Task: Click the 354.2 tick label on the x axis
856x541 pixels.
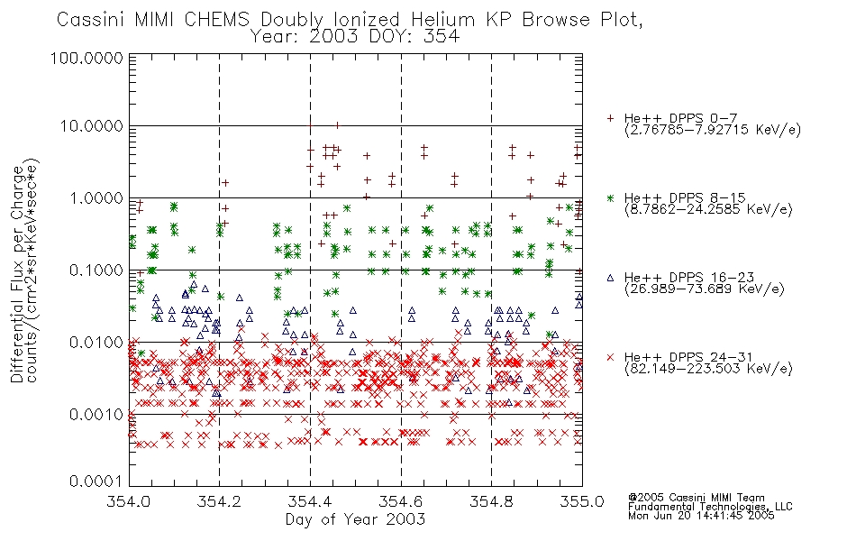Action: tap(220, 501)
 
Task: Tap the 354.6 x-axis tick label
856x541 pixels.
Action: tap(401, 501)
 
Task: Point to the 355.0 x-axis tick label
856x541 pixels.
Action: tap(582, 501)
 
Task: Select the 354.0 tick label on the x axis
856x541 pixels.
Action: tap(129, 501)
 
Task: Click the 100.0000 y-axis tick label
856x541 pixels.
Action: tap(87, 58)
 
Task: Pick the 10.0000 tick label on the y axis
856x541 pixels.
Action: tap(91, 126)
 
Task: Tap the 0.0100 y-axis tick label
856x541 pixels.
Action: tap(96, 343)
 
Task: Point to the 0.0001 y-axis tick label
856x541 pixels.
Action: tap(96, 481)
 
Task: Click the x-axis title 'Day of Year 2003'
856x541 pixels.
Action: tap(355, 519)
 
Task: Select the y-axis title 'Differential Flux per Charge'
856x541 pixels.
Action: tap(17, 274)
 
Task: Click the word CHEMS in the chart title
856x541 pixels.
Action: tap(217, 20)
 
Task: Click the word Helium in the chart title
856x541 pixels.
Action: tap(442, 20)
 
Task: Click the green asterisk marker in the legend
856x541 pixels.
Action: tap(610, 197)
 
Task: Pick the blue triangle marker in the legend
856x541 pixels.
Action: tap(610, 278)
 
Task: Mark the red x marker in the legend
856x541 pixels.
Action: tap(610, 357)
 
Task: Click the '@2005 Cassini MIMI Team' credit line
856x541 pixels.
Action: tap(697, 498)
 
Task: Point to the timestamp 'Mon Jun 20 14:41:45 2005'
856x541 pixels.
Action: tap(701, 516)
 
